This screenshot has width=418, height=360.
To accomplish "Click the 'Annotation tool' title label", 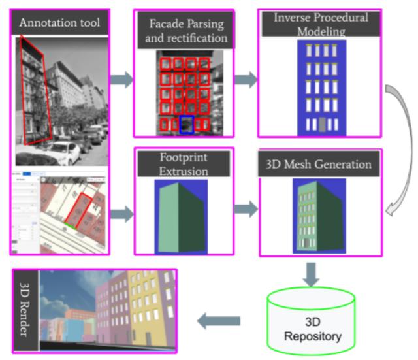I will [59, 24].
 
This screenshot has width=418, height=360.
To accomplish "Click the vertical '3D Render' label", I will [25, 310].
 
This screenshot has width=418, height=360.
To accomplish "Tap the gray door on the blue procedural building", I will [321, 124].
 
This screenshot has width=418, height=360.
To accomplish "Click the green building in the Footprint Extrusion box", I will [171, 216].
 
